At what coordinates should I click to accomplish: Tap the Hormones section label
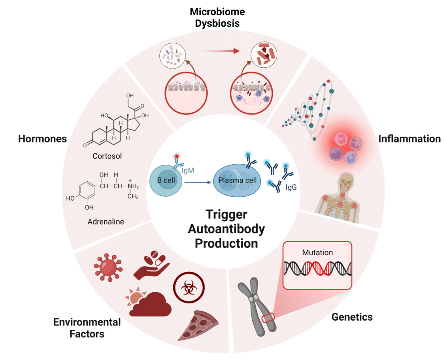click(42, 139)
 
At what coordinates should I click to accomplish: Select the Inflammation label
click(409, 139)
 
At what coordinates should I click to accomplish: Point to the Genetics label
click(352, 317)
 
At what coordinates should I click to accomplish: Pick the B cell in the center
click(165, 180)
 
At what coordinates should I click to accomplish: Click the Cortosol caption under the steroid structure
click(107, 156)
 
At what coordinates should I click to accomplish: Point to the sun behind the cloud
click(133, 298)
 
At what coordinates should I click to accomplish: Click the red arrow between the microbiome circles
click(219, 52)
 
